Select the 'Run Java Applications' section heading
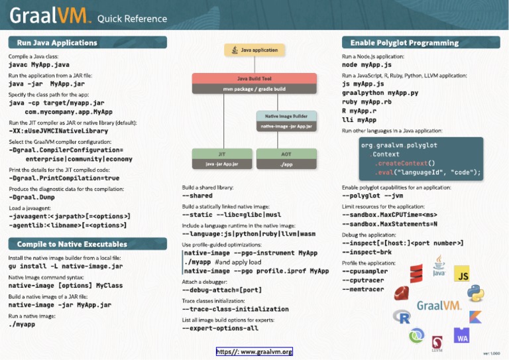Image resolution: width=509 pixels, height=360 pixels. point(57,42)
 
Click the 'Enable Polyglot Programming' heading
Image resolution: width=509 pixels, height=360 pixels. point(404,42)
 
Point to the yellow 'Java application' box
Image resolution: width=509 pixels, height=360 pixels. point(255,50)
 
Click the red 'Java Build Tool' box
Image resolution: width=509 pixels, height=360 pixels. point(254,83)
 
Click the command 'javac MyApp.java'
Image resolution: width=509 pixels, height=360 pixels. point(38,66)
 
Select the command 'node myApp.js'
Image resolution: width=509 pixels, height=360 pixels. point(367,66)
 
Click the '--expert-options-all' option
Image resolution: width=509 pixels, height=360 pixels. point(220,328)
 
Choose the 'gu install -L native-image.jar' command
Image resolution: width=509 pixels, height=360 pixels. point(65,266)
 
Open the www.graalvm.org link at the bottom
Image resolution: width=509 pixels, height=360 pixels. point(254,351)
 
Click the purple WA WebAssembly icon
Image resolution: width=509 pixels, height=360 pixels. point(461,335)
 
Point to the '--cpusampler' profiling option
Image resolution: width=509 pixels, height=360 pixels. point(365,271)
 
